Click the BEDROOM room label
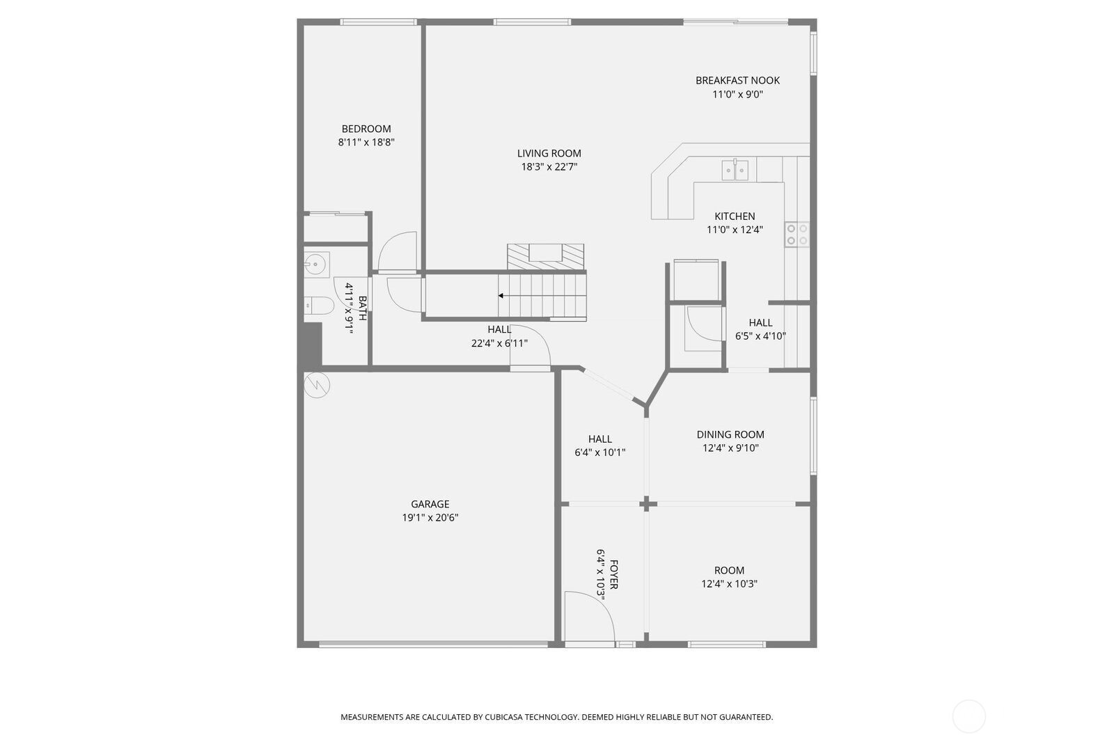tap(366, 129)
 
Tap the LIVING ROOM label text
tap(549, 154)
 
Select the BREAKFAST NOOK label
tap(737, 81)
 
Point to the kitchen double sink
tap(735, 170)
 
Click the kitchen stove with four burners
tap(797, 235)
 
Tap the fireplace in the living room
tap(546, 257)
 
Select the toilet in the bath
tap(319, 306)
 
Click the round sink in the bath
tap(315, 265)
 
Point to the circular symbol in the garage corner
tap(317, 385)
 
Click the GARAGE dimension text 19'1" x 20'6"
tap(430, 518)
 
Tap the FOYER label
tap(614, 574)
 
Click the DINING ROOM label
tap(730, 434)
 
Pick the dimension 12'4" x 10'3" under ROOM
tap(729, 584)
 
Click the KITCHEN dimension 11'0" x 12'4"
tap(735, 230)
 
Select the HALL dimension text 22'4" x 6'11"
tap(499, 343)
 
